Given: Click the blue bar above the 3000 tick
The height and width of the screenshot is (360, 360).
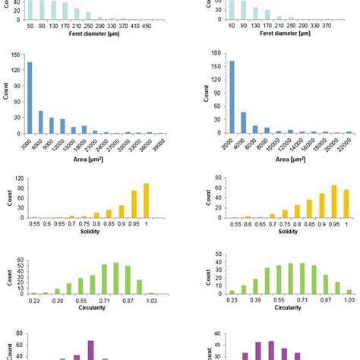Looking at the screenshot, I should point(30,98).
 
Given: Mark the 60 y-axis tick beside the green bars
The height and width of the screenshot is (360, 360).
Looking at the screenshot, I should point(21,258).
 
